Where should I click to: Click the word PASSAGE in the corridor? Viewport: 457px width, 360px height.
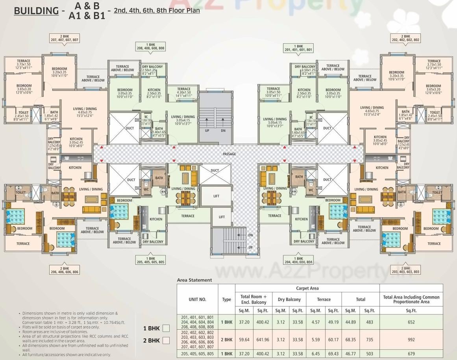tap(229, 154)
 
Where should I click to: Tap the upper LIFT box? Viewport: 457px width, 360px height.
tap(216, 196)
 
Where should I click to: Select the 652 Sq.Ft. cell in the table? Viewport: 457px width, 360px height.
tap(411, 322)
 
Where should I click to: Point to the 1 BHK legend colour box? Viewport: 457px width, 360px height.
tap(166, 328)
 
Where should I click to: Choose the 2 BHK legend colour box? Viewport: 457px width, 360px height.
tap(166, 340)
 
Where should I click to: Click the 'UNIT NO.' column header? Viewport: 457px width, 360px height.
tap(197, 299)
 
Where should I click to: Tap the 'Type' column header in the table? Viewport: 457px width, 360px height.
tap(226, 299)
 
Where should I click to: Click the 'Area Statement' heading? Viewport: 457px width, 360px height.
tap(194, 280)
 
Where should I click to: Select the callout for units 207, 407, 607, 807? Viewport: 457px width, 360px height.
tap(65, 38)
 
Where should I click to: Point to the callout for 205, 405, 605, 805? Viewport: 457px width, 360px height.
tap(150, 260)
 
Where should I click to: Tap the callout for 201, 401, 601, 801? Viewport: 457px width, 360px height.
tap(298, 48)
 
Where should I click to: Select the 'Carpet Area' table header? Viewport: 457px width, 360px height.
tap(307, 288)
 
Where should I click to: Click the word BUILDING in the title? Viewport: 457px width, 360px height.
tap(36, 11)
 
